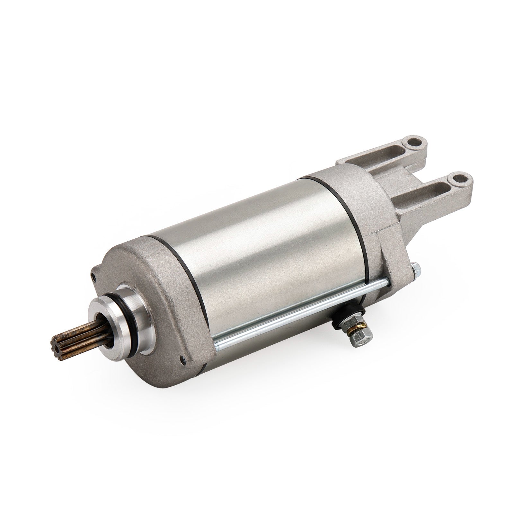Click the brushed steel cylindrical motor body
tap(257, 251)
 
